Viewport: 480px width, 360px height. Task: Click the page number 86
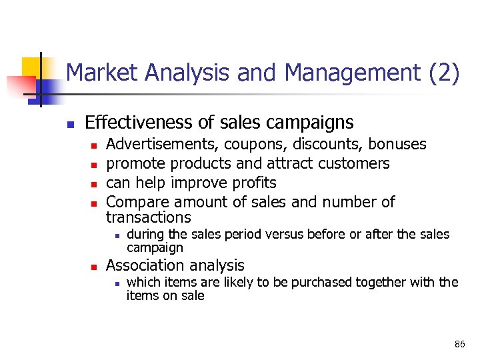click(x=459, y=344)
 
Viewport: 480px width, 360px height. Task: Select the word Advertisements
click(x=163, y=144)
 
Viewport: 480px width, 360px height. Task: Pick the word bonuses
click(x=397, y=144)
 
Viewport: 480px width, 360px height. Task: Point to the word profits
click(x=253, y=183)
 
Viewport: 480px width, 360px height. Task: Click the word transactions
click(x=148, y=217)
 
